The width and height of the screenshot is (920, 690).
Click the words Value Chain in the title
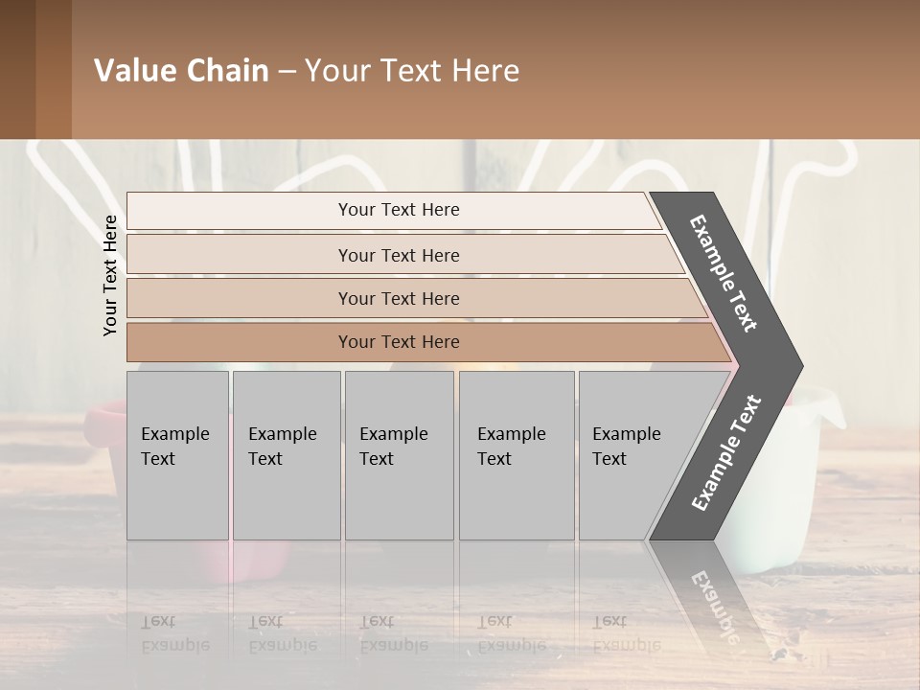coord(181,71)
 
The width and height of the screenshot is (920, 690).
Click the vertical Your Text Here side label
coord(111,275)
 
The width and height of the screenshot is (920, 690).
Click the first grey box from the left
coord(177,498)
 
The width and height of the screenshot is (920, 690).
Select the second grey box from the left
coord(286,498)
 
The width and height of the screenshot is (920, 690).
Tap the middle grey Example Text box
coord(399,498)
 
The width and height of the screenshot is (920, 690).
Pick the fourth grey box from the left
coord(517,498)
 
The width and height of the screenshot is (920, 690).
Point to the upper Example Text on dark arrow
coord(724,273)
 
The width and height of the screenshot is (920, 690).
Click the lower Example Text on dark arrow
coord(726,453)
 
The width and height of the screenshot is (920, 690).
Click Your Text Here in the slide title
coord(412,71)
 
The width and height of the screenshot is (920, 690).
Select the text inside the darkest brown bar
coord(399,342)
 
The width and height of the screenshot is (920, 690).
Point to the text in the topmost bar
coord(399,210)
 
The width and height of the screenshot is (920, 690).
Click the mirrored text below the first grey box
coord(174,632)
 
